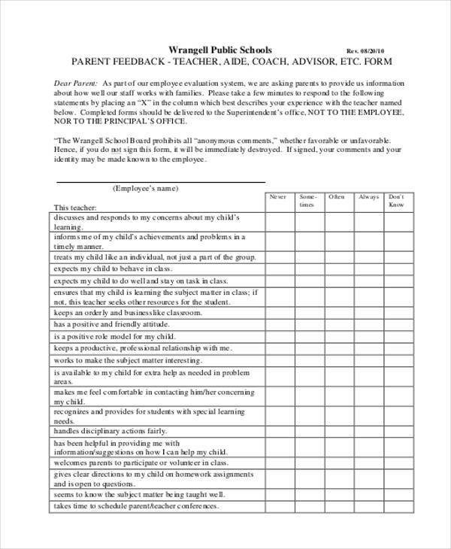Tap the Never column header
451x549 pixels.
278,197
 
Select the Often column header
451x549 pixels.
337,197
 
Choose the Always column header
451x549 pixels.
368,197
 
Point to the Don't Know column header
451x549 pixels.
398,201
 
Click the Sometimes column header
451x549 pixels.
307,201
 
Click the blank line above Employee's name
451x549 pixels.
161,180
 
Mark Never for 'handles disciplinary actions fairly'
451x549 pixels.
278,432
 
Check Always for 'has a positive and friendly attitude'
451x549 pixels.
368,324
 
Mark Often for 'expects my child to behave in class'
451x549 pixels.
337,268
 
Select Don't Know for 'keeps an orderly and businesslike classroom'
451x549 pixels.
398,312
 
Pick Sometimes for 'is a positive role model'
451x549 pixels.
307,336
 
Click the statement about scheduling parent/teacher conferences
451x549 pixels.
136,506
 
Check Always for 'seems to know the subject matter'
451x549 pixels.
368,494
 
